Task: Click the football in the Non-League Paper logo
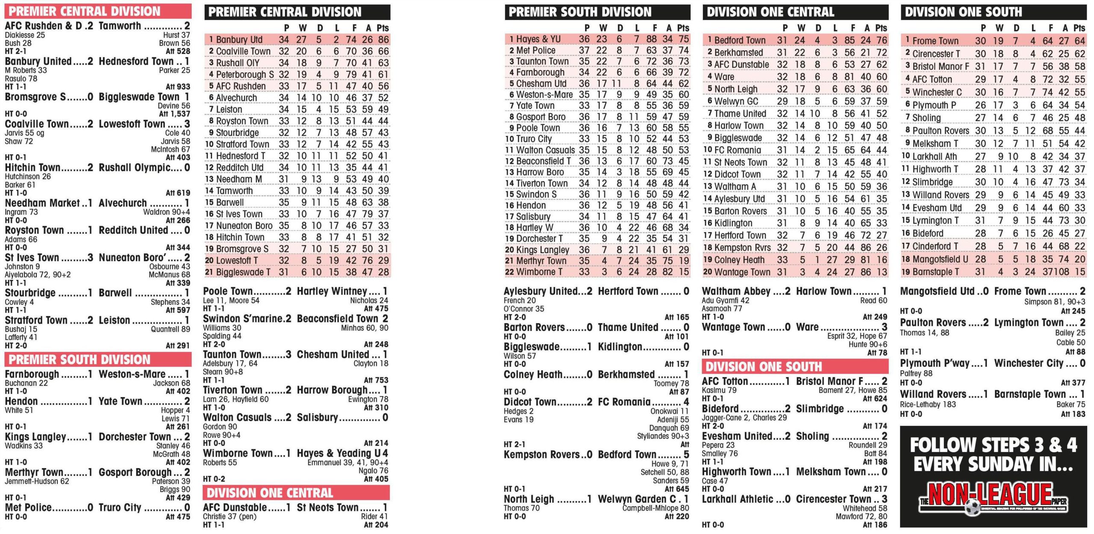click(973, 507)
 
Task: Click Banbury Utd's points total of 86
click(383, 40)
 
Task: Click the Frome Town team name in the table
click(935, 41)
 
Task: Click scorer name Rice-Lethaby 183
click(928, 404)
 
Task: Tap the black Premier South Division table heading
click(580, 12)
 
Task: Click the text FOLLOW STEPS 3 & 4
click(993, 445)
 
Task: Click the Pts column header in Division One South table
click(1079, 28)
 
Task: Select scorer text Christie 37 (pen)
click(229, 516)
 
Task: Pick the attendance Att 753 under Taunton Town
click(376, 380)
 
